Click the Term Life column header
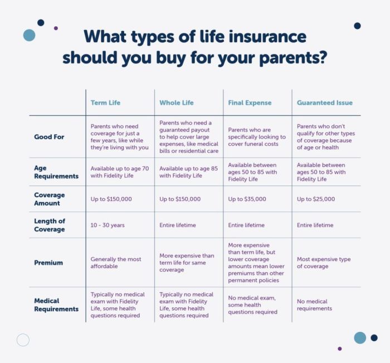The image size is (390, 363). coord(105,102)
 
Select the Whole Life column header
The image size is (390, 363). coord(177,102)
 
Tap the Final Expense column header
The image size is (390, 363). coord(250,102)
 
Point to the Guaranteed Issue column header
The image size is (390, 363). coord(324,102)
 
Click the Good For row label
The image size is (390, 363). coord(50,136)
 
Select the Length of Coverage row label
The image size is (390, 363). coord(50,225)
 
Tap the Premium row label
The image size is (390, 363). coord(49,262)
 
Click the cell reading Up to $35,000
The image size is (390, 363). coord(247,199)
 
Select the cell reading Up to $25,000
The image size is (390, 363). coord(315,199)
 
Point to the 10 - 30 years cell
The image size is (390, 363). coord(108,225)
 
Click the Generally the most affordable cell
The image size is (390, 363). coord(116,262)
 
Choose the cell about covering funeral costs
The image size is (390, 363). coord(257,136)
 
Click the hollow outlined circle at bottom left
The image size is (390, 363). coord(23,340)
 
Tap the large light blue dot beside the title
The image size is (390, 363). coord(29,35)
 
